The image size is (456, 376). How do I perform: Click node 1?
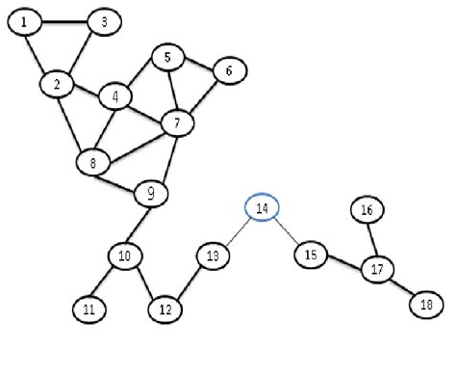24,21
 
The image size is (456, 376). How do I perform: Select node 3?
103,21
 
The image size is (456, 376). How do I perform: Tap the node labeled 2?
57,84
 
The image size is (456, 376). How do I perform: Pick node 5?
167,58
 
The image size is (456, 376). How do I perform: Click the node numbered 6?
228,69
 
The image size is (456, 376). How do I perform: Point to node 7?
177,122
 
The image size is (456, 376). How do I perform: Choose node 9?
150,194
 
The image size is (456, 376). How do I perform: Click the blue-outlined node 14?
262,207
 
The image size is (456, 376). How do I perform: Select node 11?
89,309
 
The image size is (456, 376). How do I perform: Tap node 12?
165,309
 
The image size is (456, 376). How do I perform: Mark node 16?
367,209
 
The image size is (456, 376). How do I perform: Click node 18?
425,304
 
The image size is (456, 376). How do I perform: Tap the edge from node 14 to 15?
286,231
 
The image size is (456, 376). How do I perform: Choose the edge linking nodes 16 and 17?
371,239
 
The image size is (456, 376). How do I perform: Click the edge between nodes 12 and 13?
190,283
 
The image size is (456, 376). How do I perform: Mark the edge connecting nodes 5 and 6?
198,64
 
